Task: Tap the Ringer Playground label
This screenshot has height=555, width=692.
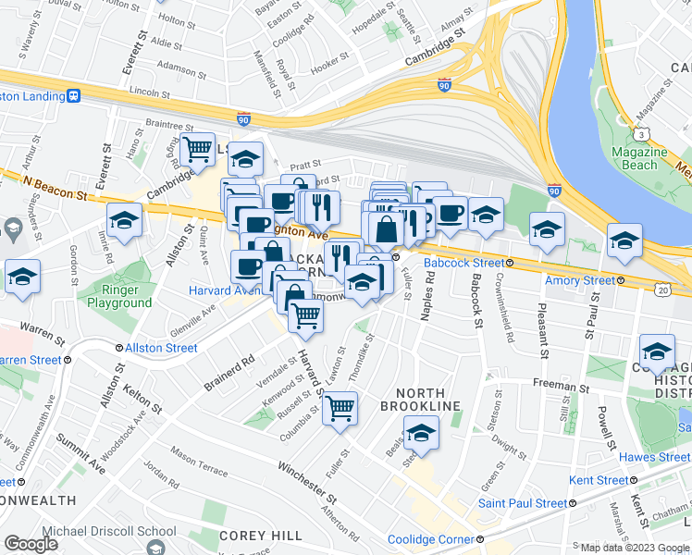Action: [x=119, y=296]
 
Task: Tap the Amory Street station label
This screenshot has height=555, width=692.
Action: [x=579, y=280]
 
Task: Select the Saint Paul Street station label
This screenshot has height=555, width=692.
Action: [x=522, y=503]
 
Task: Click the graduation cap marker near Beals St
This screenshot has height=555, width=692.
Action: [x=420, y=432]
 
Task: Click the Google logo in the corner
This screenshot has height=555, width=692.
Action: [x=31, y=544]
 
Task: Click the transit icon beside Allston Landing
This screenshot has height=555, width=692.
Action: [x=72, y=95]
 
